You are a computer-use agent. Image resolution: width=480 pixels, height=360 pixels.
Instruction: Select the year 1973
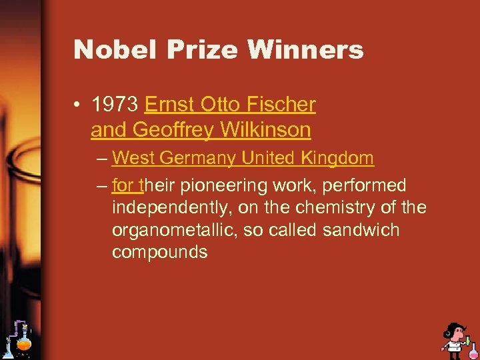pos(115,105)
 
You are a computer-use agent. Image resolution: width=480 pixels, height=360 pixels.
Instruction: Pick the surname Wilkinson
pos(269,130)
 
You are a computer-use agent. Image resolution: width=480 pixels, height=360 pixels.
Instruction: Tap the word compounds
pos(159,253)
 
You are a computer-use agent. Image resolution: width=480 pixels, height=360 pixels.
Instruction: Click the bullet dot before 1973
pos(79,105)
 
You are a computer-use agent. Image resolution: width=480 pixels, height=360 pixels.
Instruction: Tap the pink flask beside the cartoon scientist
pos(472,348)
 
